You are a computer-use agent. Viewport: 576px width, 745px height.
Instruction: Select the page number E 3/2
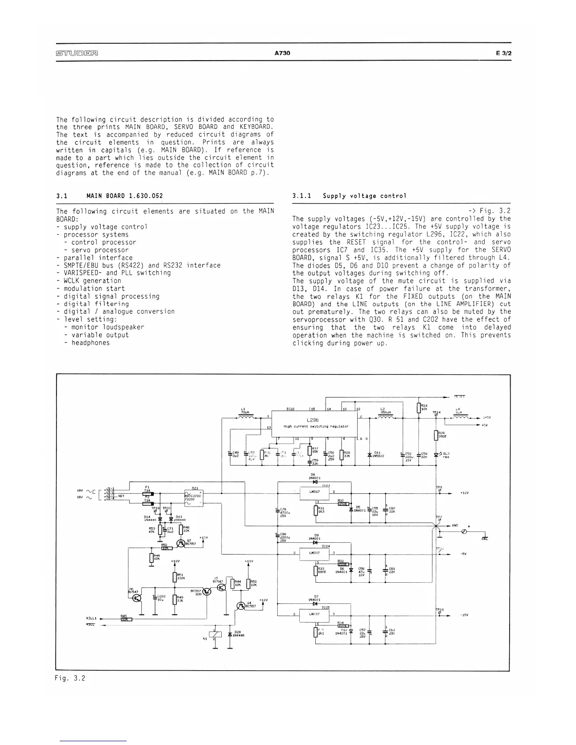click(503, 53)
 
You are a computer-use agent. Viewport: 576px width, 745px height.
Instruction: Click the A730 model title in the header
click(282, 53)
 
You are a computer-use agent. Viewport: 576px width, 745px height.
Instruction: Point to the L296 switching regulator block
click(314, 422)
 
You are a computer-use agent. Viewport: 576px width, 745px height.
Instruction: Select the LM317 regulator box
click(313, 492)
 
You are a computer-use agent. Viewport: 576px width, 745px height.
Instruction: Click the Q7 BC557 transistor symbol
click(181, 544)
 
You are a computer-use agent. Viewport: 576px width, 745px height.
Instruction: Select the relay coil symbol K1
click(215, 634)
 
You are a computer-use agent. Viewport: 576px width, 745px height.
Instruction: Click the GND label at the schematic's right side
click(455, 525)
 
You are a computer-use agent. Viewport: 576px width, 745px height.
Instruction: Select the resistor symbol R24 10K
click(418, 407)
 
